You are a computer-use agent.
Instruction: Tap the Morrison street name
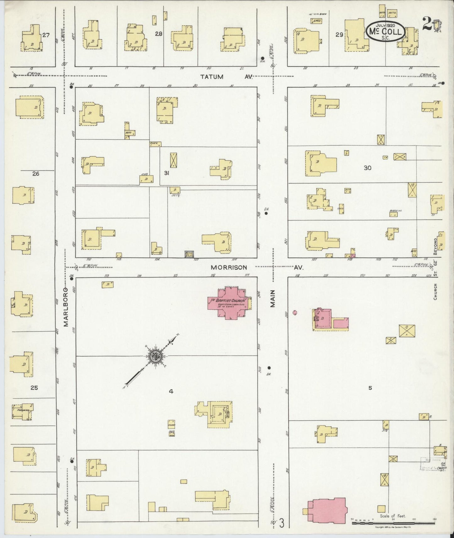click(x=229, y=267)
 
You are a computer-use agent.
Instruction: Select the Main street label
click(x=272, y=298)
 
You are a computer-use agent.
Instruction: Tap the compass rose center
click(x=156, y=355)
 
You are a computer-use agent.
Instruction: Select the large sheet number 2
click(x=427, y=24)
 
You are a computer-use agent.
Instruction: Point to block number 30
click(x=367, y=168)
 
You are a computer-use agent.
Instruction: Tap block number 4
click(x=171, y=391)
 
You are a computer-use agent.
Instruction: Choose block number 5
click(x=370, y=388)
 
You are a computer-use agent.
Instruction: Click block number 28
click(x=159, y=34)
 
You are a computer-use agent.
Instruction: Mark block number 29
click(x=339, y=35)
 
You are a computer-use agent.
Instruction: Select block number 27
click(x=46, y=35)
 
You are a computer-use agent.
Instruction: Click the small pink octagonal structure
click(x=295, y=312)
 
